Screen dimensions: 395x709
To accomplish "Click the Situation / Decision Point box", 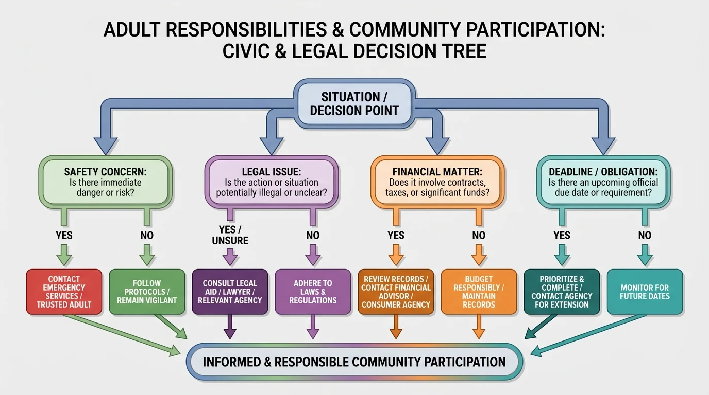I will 354,103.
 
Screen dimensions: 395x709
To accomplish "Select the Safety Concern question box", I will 105,183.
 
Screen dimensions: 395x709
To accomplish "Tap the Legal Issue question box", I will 271,183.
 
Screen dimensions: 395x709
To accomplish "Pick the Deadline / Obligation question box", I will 603,183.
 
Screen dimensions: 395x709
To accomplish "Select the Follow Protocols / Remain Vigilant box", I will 147,292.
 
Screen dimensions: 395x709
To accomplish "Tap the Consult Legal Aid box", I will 230,292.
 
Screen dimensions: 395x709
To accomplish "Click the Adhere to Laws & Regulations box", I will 313,292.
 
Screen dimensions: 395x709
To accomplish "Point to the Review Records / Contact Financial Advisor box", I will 396,292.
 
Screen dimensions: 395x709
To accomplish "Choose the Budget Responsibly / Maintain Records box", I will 479,292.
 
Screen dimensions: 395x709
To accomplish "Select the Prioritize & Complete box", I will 562,292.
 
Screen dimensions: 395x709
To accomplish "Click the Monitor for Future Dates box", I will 645,292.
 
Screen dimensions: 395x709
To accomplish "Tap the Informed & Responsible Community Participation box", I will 354,362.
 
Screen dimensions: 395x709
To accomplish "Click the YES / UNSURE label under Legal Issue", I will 230,235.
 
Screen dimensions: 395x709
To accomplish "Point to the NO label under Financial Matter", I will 479,235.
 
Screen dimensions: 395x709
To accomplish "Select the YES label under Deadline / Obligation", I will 562,235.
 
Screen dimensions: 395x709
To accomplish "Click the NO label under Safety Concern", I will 147,235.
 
